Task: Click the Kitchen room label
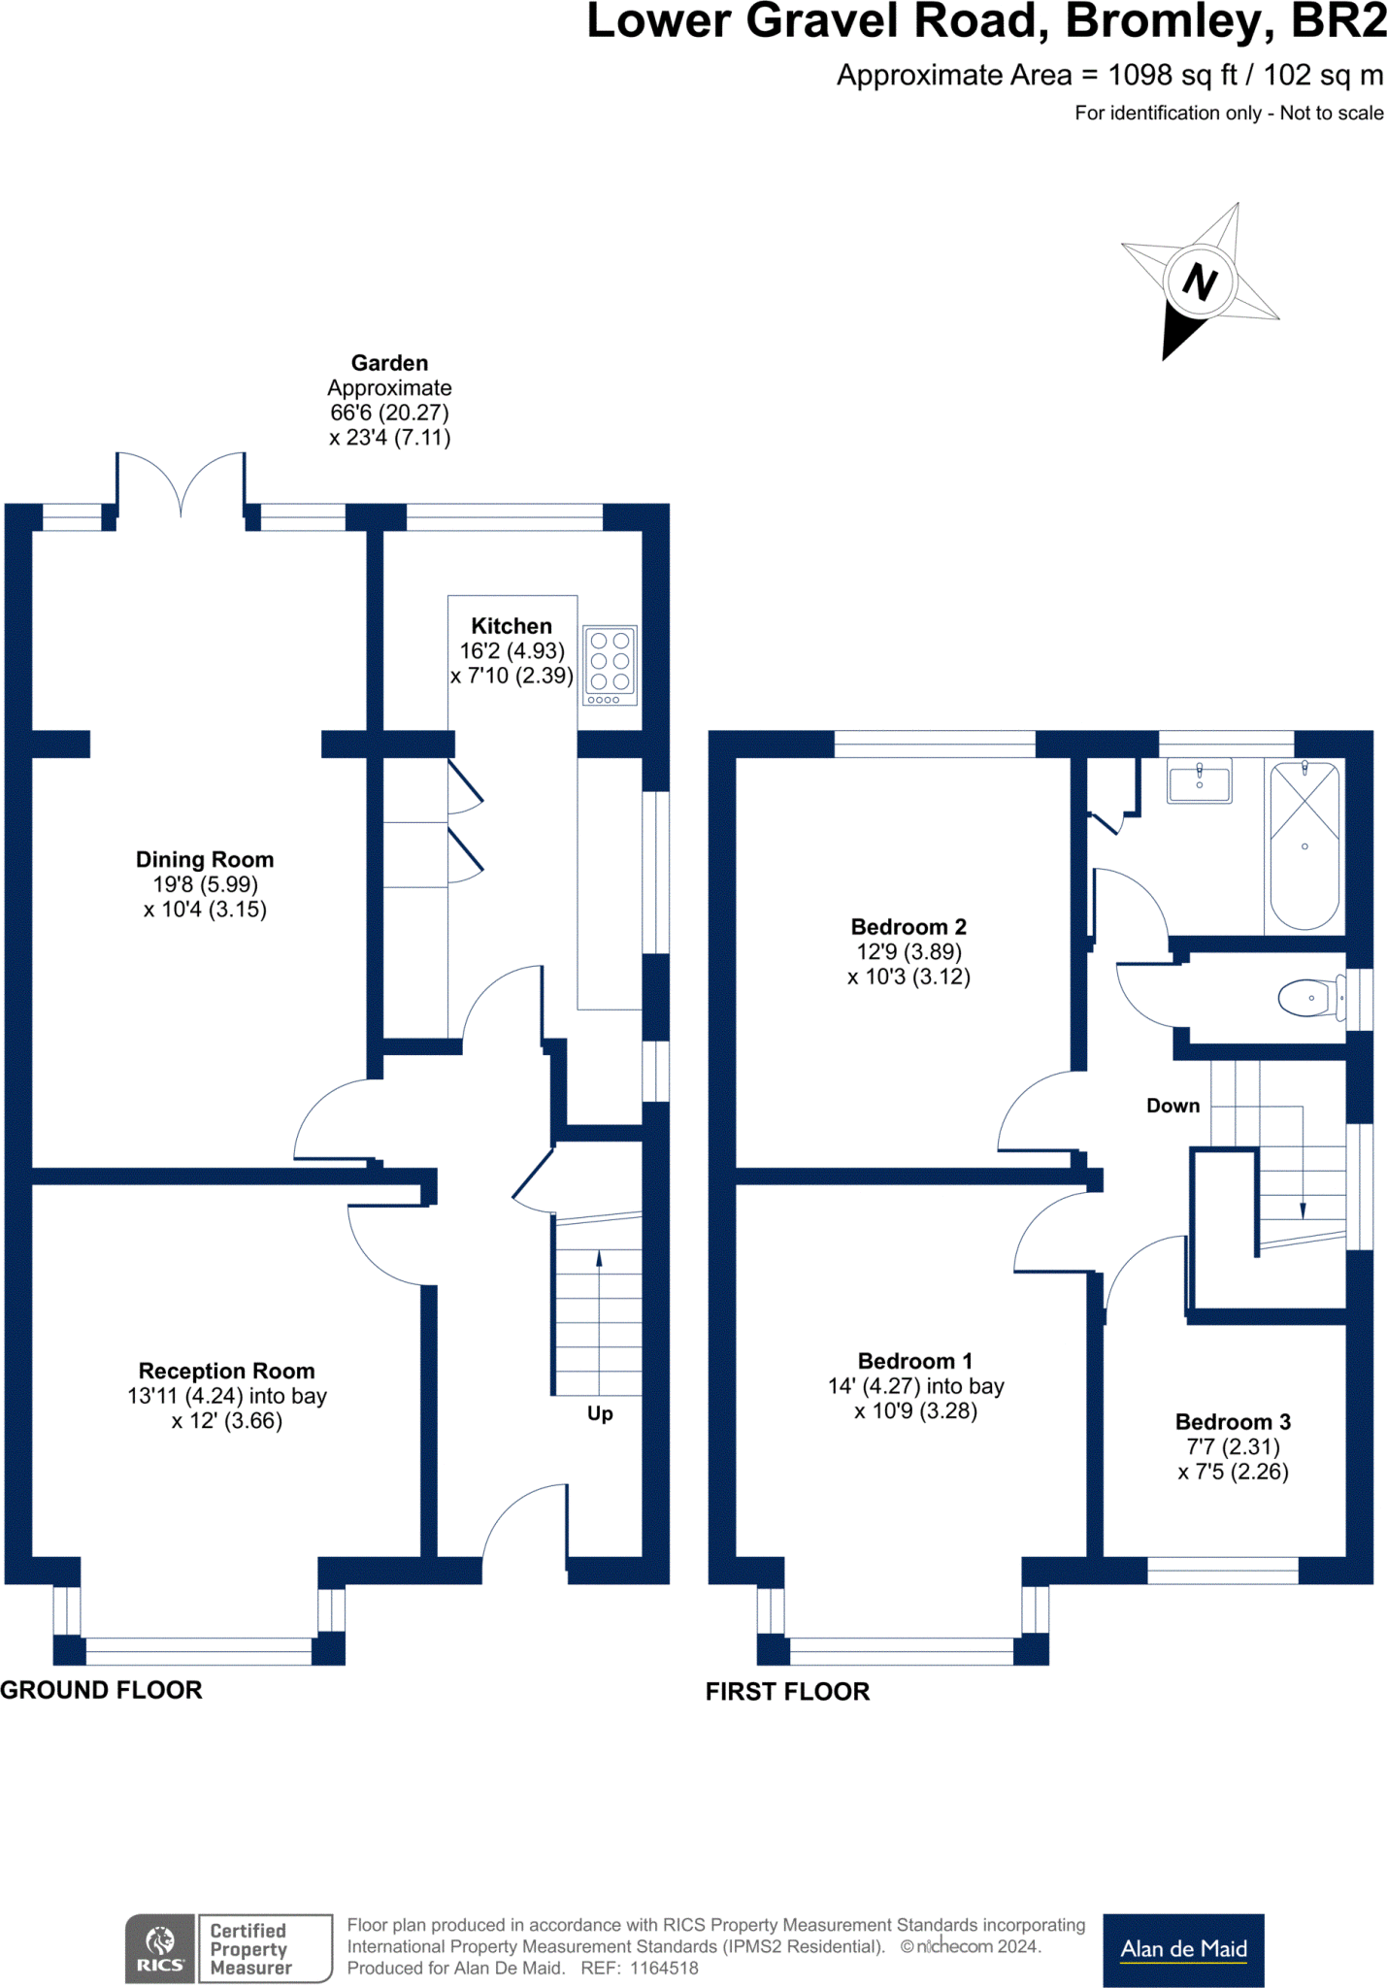pos(512,626)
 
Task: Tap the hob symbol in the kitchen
pos(610,665)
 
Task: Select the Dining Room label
pos(205,860)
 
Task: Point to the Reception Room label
pos(226,1371)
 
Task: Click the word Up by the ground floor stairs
pos(600,1413)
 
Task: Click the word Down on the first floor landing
pos(1172,1106)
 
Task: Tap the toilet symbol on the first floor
pos(1308,998)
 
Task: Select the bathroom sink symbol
pos(1200,782)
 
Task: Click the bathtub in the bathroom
pos(1304,845)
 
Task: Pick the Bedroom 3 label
pos(1233,1422)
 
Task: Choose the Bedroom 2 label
pos(908,927)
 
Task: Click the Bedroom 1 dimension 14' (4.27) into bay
pos(915,1386)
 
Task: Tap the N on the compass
pos(1200,282)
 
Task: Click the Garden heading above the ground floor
pos(389,363)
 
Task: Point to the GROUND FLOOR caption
pos(101,1690)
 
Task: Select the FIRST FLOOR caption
pos(787,1692)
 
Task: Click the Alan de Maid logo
pos(1183,1949)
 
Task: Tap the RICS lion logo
pos(160,1948)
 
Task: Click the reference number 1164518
pos(664,1969)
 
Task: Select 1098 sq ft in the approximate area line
pos(1172,76)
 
